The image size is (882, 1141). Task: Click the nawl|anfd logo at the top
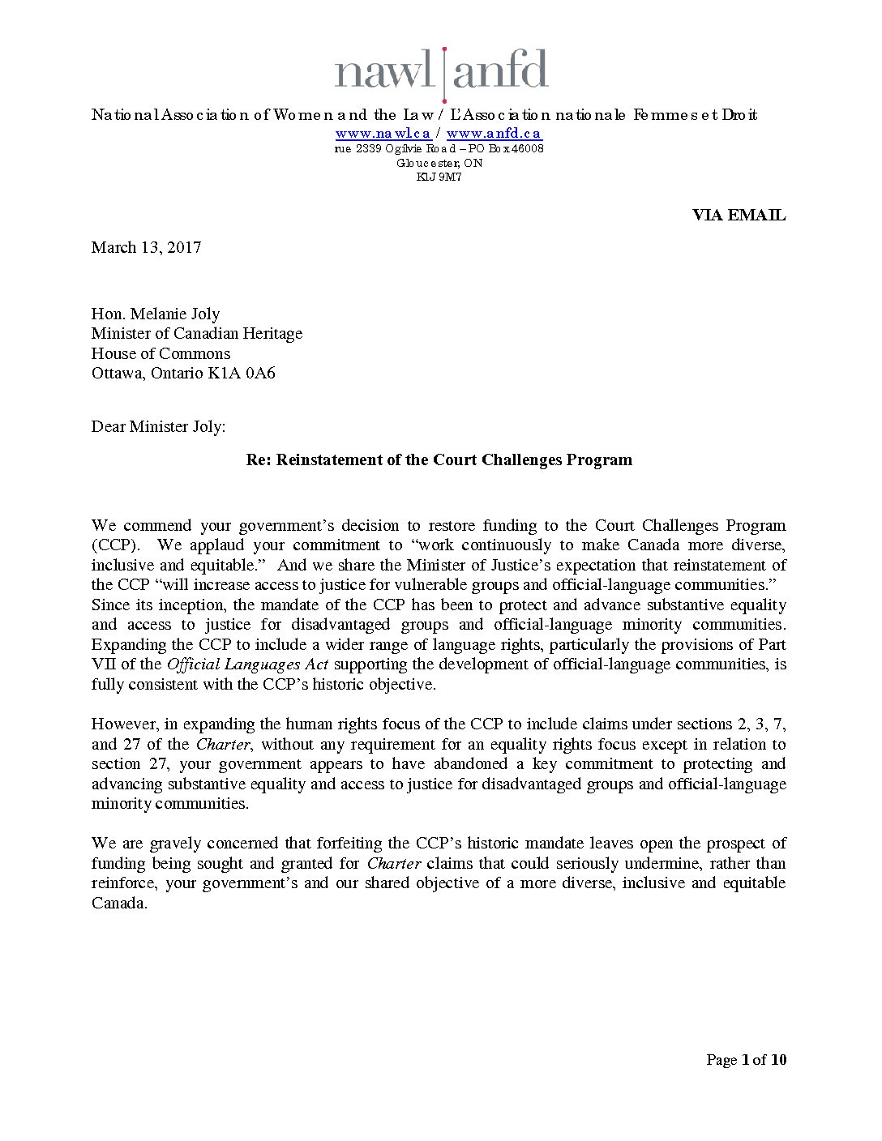[441, 71]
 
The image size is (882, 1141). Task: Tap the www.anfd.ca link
[494, 134]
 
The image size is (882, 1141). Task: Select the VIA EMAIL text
[739, 215]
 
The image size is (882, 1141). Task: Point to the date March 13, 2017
[146, 247]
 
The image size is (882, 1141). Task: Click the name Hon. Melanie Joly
[156, 314]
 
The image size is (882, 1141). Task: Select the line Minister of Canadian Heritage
[197, 333]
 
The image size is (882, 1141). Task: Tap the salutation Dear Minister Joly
[158, 426]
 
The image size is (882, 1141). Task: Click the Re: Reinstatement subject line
[439, 459]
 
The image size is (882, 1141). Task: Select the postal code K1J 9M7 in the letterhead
[439, 177]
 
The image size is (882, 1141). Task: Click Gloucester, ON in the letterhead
[439, 163]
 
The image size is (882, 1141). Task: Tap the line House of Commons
[161, 353]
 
